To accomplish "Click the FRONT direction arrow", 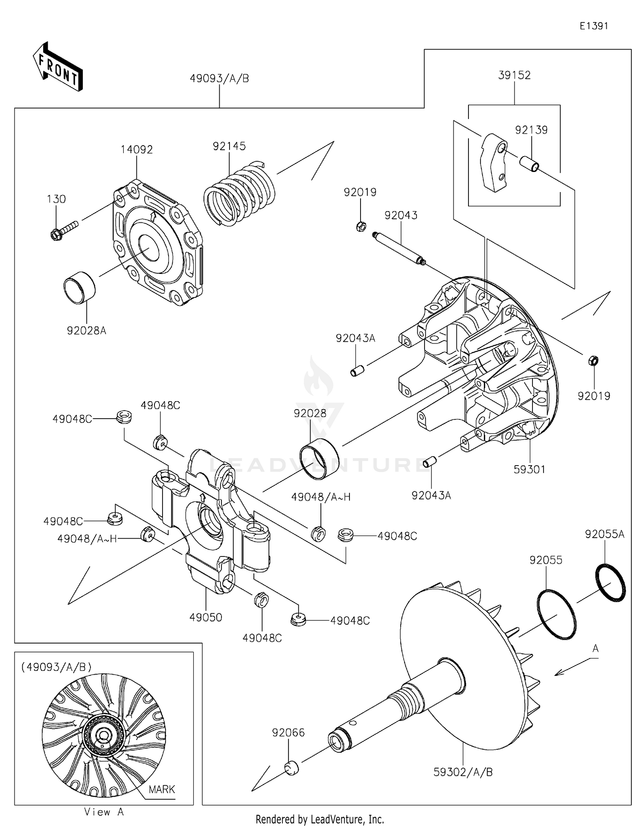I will click(58, 67).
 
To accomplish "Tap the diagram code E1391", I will click(593, 26).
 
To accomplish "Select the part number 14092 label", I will click(137, 150).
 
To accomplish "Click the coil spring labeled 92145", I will click(239, 194).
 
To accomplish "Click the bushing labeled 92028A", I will click(80, 288).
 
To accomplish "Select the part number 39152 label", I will click(514, 75).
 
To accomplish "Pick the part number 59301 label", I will click(529, 469).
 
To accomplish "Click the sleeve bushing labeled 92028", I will click(320, 459).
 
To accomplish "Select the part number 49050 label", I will click(206, 617).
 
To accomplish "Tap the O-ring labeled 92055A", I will click(610, 582).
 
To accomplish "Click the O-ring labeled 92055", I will click(556, 614).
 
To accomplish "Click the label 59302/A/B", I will click(463, 772).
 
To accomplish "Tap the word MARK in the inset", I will click(162, 789).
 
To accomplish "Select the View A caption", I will click(104, 812).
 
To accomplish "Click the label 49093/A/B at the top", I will click(219, 79).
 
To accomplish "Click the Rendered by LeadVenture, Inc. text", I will click(320, 819).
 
